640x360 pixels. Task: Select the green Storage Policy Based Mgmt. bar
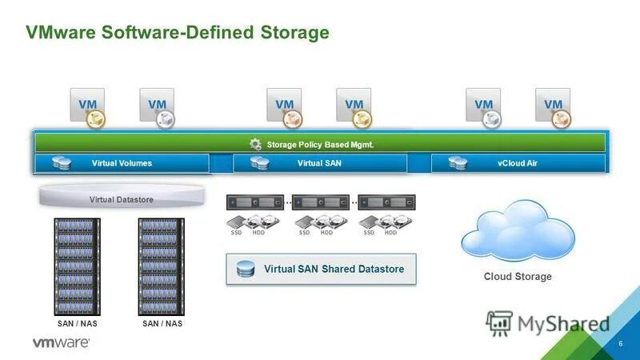(319, 144)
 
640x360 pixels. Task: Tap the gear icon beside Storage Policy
(255, 144)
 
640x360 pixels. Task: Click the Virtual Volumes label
(122, 163)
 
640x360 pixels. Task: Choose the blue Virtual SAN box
(320, 163)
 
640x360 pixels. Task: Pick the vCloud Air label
(517, 163)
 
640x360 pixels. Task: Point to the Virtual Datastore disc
(121, 198)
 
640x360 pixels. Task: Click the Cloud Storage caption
(518, 277)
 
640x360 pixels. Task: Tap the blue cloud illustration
(518, 228)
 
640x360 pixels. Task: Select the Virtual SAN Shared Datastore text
(334, 270)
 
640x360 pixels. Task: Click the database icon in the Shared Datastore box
(245, 270)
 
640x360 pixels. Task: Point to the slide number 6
(621, 342)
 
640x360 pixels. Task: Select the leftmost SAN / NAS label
(78, 324)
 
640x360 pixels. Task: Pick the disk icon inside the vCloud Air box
(458, 163)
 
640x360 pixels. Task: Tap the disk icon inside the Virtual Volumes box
(61, 163)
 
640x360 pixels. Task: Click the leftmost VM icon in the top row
(89, 105)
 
